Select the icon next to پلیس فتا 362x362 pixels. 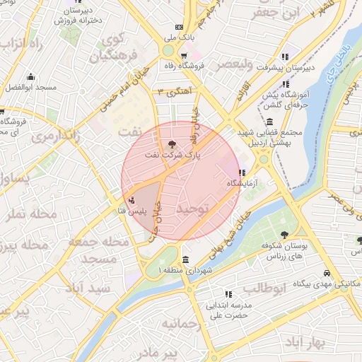tap(132, 200)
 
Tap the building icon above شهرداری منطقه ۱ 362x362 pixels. tap(185, 259)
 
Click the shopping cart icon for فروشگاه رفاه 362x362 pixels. tap(183, 55)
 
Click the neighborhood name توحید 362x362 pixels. tap(194, 209)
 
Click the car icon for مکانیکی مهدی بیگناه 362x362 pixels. tap(327, 273)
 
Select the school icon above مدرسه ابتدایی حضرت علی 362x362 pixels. tap(228, 293)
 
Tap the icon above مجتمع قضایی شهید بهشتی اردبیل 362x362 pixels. tap(270, 120)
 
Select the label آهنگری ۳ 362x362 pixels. tap(173, 92)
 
